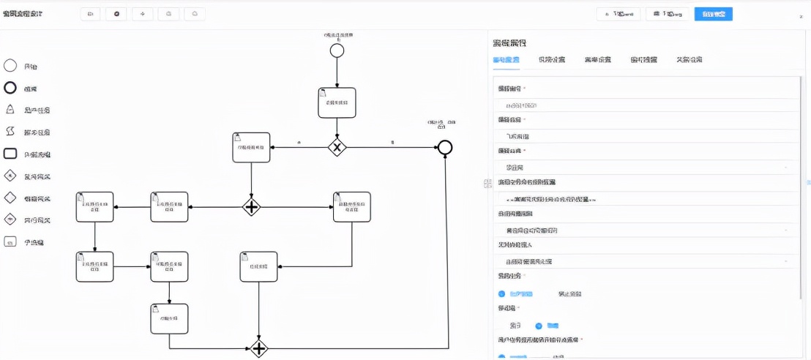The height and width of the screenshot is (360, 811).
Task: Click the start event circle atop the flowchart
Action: point(337,50)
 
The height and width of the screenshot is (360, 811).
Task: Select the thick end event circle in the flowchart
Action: point(444,148)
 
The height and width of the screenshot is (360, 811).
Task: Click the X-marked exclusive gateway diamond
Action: point(337,147)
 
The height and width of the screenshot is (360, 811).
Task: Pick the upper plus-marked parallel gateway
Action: point(251,207)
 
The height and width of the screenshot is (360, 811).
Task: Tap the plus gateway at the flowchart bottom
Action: point(258,348)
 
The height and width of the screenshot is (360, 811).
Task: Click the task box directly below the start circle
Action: point(337,102)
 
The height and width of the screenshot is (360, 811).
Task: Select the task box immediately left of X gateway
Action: point(251,148)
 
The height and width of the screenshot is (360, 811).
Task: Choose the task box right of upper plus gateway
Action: point(351,207)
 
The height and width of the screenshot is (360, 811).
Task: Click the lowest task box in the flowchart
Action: point(169,319)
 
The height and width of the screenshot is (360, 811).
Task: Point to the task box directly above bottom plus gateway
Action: point(258,267)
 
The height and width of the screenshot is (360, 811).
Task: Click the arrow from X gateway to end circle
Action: point(392,148)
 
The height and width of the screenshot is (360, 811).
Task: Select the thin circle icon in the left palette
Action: point(10,66)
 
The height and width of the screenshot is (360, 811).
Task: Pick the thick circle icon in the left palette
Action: point(10,88)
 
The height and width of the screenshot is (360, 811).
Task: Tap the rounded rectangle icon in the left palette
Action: point(10,154)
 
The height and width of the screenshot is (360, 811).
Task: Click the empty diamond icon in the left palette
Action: point(10,198)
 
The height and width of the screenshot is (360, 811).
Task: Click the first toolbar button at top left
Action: point(90,14)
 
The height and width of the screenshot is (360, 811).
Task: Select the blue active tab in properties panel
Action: point(507,60)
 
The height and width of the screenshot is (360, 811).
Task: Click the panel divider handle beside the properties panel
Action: point(487,184)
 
